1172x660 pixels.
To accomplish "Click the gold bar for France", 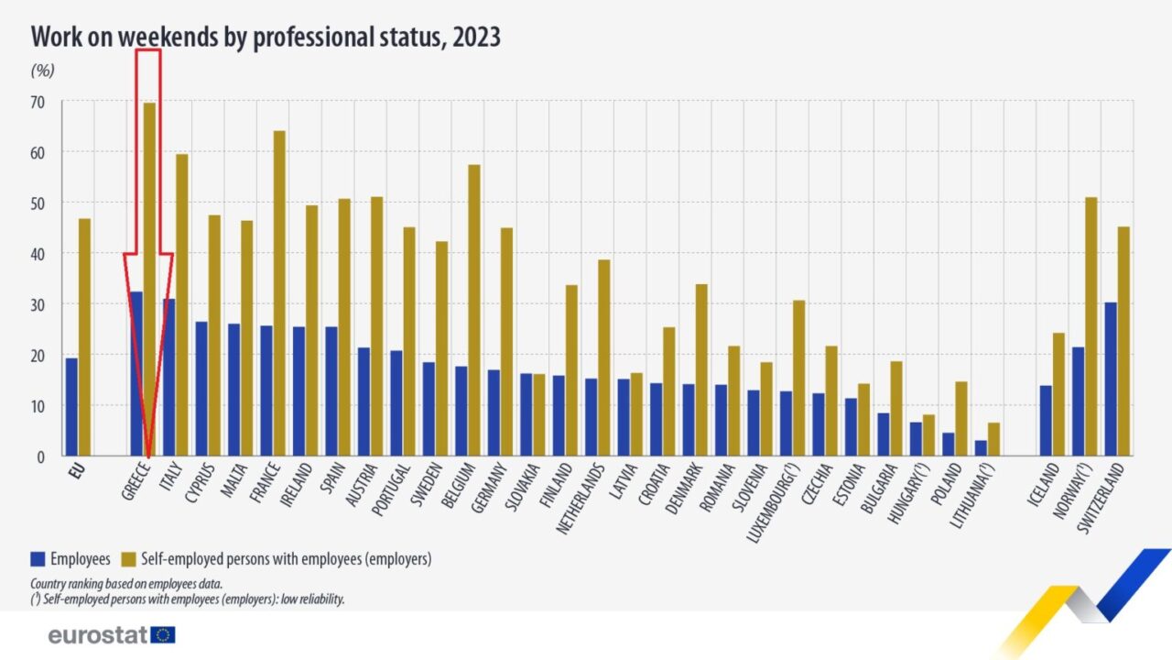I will [279, 293].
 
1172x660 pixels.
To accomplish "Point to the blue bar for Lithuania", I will [981, 447].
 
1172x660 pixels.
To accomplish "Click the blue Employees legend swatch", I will [38, 558].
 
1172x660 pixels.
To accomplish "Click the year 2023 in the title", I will [475, 37].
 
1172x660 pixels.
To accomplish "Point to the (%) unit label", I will [43, 70].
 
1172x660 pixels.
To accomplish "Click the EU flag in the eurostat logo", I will [164, 634].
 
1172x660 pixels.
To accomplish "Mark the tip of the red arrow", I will [148, 455].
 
